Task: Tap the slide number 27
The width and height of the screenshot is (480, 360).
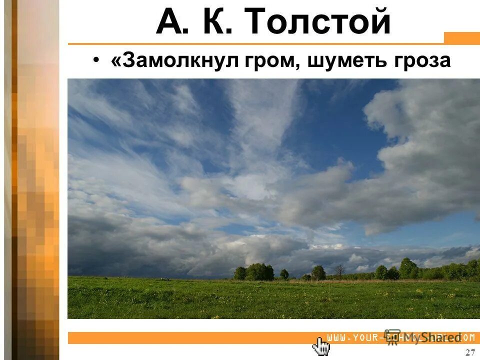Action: (x=469, y=352)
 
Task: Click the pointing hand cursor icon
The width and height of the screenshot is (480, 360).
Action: (x=321, y=345)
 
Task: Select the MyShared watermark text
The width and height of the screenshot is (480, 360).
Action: (x=430, y=338)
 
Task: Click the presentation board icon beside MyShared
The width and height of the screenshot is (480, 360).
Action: (x=393, y=336)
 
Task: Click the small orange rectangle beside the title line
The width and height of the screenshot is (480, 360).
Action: (x=461, y=38)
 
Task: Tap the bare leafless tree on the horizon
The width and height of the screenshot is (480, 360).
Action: (x=339, y=271)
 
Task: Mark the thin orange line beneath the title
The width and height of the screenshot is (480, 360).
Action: (x=255, y=44)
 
